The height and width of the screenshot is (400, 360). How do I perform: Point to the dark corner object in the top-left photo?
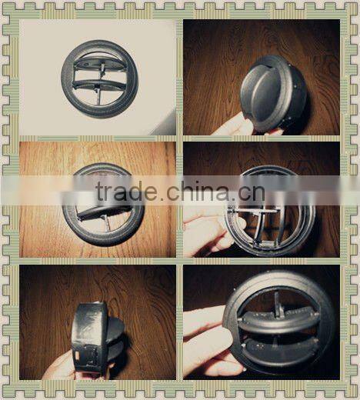coord(165,123)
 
